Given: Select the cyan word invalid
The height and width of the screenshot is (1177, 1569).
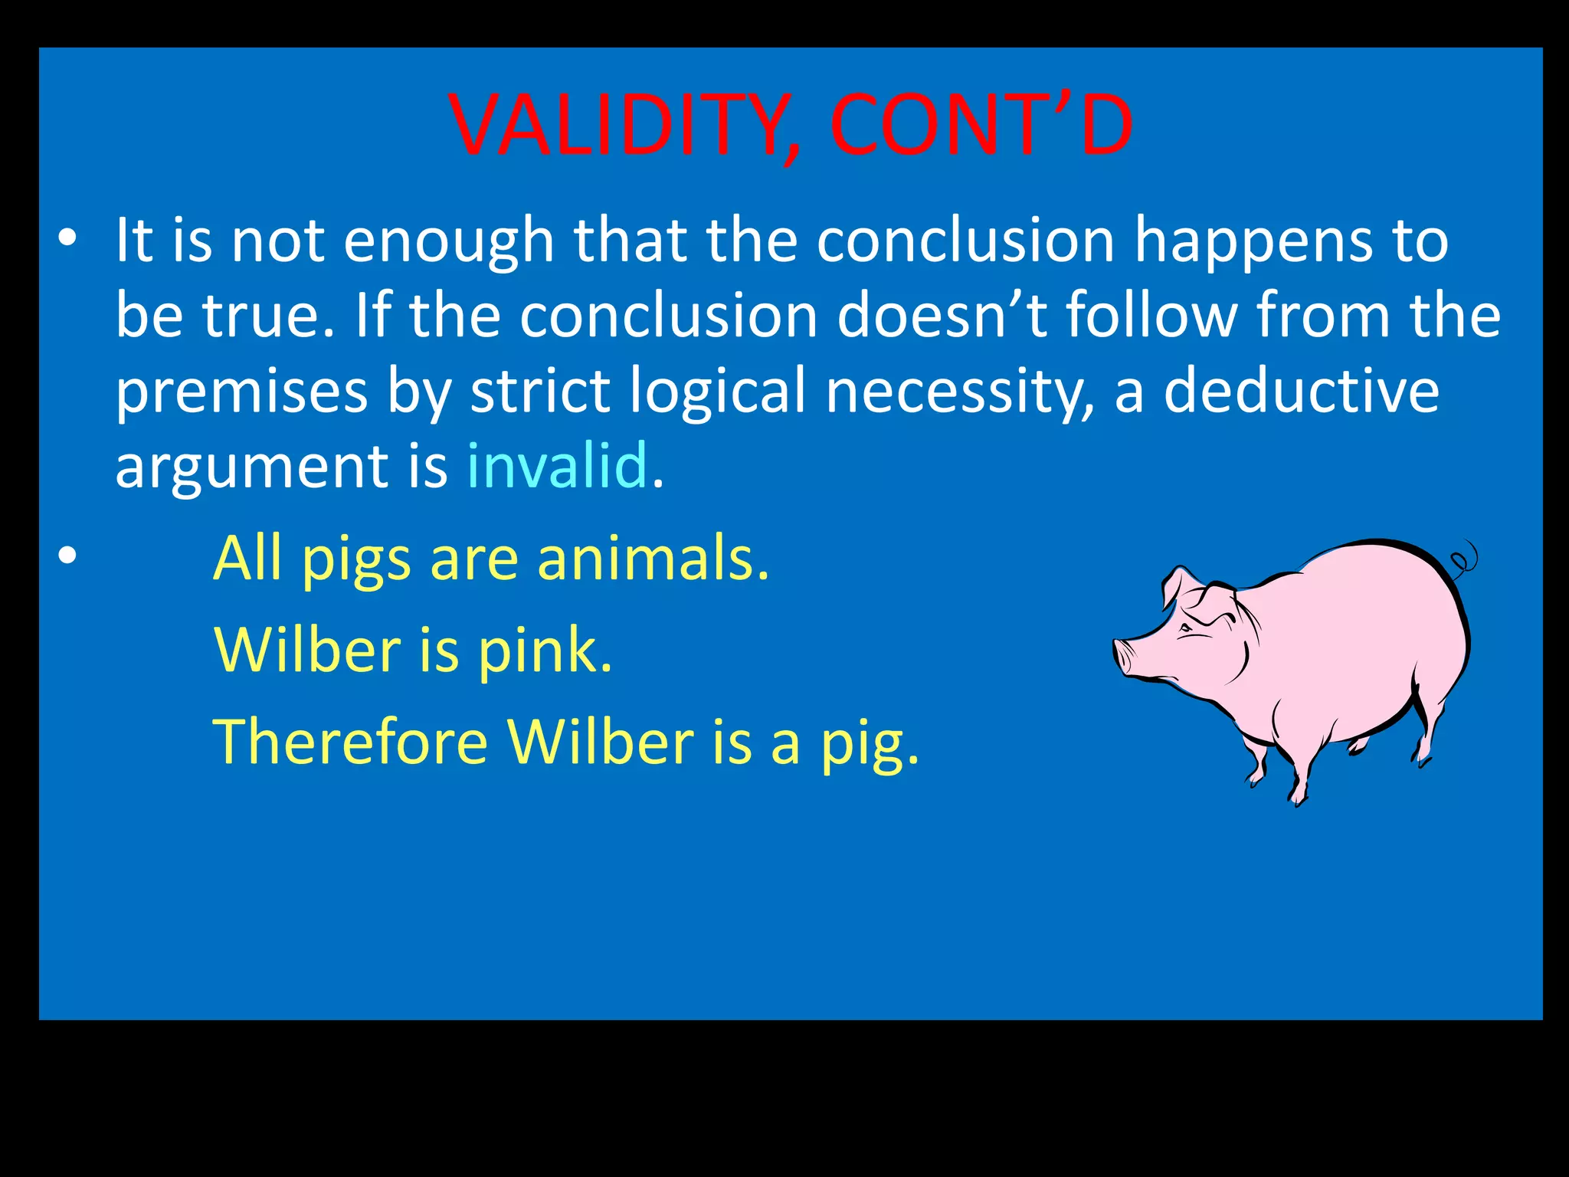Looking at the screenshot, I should (x=557, y=466).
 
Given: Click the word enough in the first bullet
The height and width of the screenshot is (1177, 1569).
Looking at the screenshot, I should (x=449, y=241).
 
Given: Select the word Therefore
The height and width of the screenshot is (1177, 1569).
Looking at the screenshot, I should (x=350, y=742).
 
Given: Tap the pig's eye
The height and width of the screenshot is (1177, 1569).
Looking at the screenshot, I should (x=1186, y=628).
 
